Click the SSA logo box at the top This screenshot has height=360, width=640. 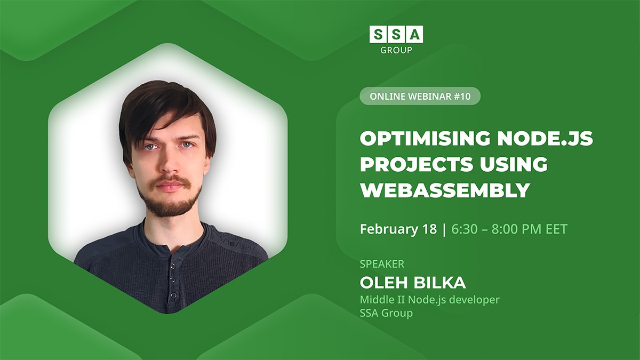coord(396,34)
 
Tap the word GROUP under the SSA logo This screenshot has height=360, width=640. coord(396,50)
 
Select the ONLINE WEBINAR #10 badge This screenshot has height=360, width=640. coord(420,96)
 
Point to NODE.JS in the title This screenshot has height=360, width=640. coord(545,138)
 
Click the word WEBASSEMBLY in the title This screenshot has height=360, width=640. coord(445,190)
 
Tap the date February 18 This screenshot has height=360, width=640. coord(398,229)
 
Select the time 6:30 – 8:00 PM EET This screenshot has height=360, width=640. coord(509,229)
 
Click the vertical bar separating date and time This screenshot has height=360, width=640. coord(444,230)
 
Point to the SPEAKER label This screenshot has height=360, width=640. coord(382,264)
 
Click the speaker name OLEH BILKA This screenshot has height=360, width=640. coord(413,283)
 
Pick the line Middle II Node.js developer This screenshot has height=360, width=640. coord(430,300)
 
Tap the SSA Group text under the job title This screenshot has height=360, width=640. coord(386,313)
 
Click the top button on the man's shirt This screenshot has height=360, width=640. coord(173,266)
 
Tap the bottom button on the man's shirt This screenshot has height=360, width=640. coord(173,295)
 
